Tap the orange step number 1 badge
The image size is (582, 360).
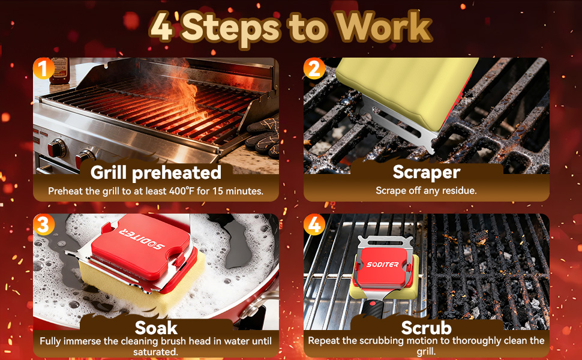[x=44, y=68]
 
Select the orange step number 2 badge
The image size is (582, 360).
[x=314, y=68]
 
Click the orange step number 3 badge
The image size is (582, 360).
[x=44, y=224]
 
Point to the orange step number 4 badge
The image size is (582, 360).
[x=314, y=224]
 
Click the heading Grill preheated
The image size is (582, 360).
[x=156, y=173]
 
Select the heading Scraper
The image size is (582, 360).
[x=427, y=172]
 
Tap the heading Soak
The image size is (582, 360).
[x=156, y=328]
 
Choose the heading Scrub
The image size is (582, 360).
[x=427, y=328]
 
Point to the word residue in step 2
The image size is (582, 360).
[x=457, y=191]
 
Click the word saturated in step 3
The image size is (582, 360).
[x=155, y=352]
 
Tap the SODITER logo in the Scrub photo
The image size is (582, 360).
[x=382, y=264]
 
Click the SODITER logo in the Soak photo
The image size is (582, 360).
[x=142, y=239]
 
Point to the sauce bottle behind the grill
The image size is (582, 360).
[x=60, y=70]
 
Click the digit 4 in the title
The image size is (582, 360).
[x=162, y=27]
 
